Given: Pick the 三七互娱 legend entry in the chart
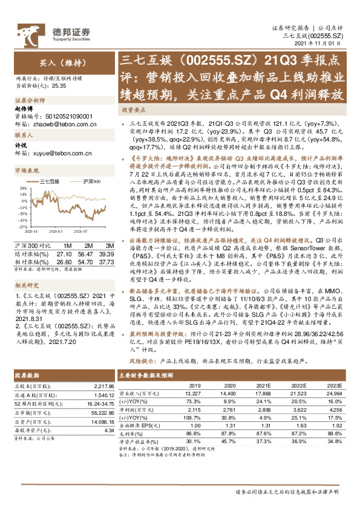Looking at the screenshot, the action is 48,181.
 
